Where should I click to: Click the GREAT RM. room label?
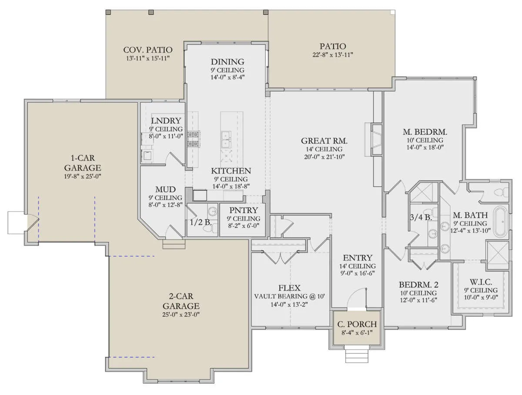tap(324, 141)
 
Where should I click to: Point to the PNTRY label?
tap(244, 210)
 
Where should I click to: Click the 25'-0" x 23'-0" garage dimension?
tap(181, 315)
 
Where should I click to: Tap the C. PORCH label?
tap(357, 324)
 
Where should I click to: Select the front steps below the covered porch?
tap(357, 354)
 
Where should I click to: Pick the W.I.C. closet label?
tap(481, 282)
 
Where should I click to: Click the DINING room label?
tap(228, 62)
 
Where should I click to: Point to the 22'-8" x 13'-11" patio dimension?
tap(332, 55)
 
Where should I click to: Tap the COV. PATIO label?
tap(147, 50)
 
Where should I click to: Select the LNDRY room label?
tap(166, 121)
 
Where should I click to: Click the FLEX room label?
tap(289, 288)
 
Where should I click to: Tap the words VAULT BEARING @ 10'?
tap(289, 297)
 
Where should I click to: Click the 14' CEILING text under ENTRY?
tap(358, 266)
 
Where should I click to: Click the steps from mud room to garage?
tap(174, 244)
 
